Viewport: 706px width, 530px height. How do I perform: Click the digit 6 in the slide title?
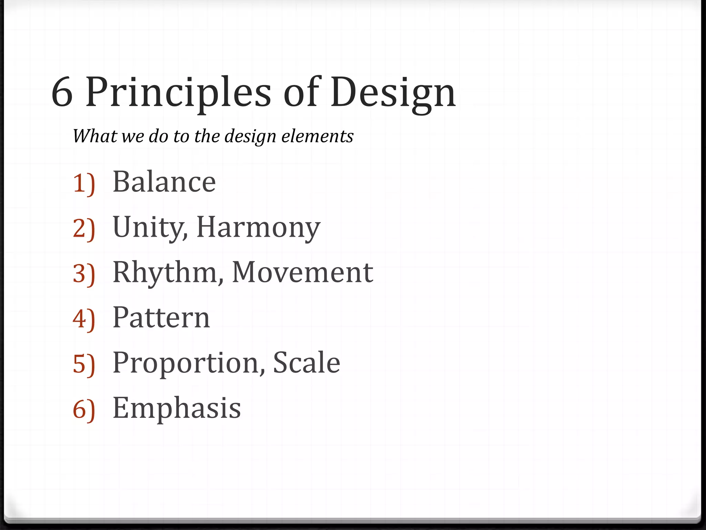point(62,92)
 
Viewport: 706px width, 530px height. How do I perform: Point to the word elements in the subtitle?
point(317,136)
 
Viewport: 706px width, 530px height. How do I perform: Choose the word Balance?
point(164,182)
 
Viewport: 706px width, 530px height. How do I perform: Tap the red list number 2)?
point(84,229)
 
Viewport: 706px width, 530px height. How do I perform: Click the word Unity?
point(150,228)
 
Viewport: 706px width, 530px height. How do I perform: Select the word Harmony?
point(258,228)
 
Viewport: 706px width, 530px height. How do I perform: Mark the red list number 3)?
point(84,274)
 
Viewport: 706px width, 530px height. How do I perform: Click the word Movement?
point(302,273)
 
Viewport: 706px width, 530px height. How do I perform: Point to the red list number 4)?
point(84,319)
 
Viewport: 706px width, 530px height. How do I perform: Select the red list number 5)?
point(84,364)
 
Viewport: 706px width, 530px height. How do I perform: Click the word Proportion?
point(189,363)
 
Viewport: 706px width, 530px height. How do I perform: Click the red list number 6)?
point(84,410)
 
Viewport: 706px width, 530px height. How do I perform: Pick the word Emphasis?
point(176,408)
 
